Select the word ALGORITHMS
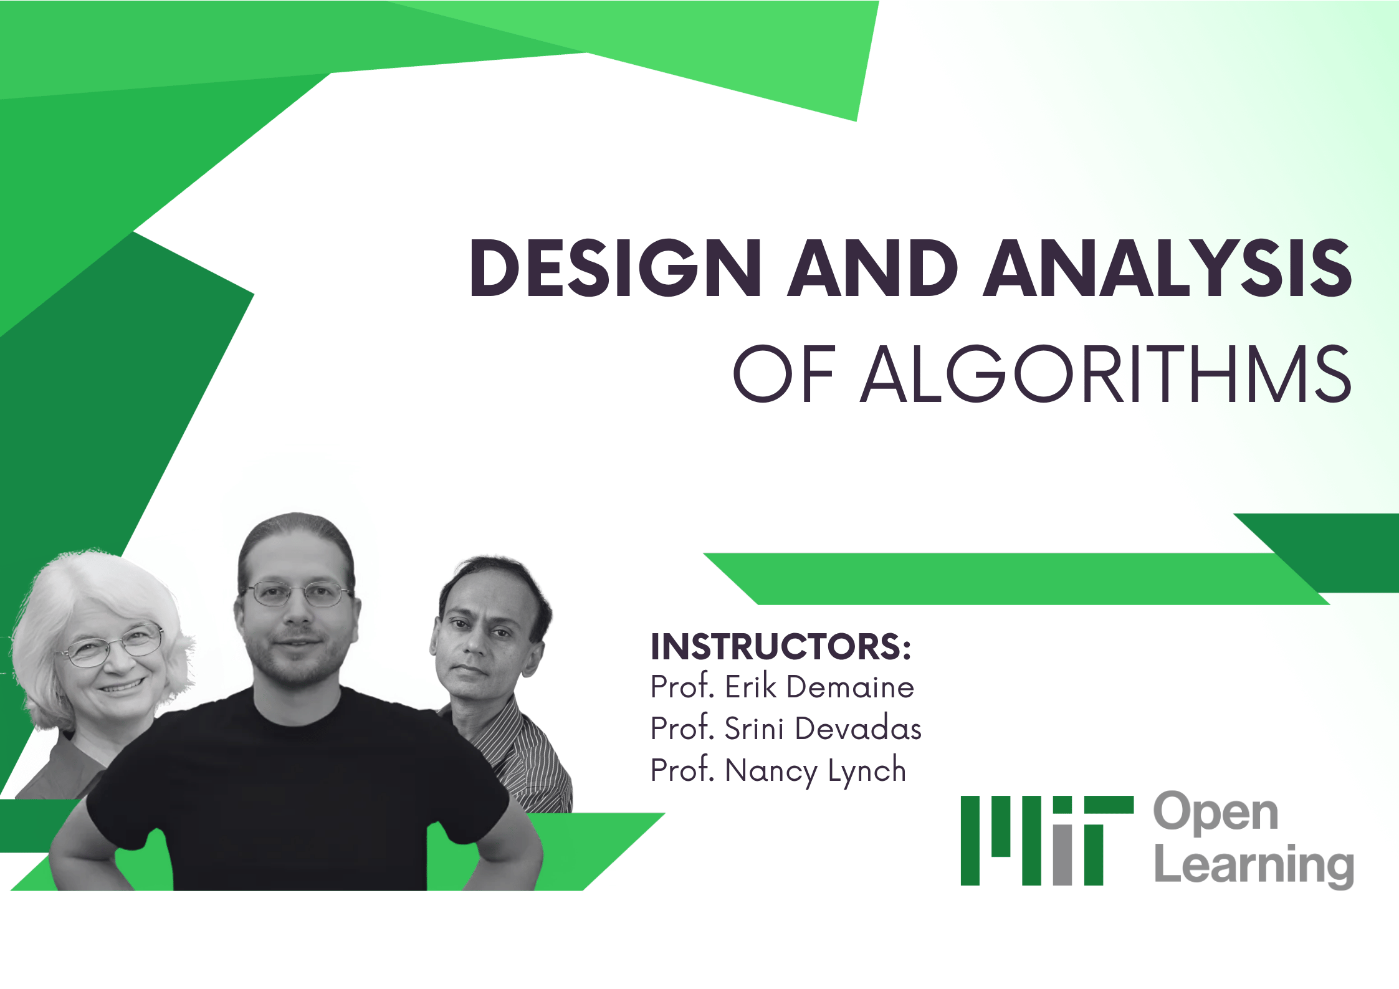tap(1105, 374)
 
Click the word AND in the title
tap(872, 268)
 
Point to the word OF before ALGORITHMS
tap(784, 374)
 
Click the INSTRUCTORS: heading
tap(780, 646)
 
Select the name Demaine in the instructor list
tap(850, 687)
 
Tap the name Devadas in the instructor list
tap(857, 729)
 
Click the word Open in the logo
tap(1215, 813)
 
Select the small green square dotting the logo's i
tap(1062, 805)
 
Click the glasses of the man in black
tap(297, 593)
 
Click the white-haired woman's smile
tap(122, 687)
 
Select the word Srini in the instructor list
tap(753, 729)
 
